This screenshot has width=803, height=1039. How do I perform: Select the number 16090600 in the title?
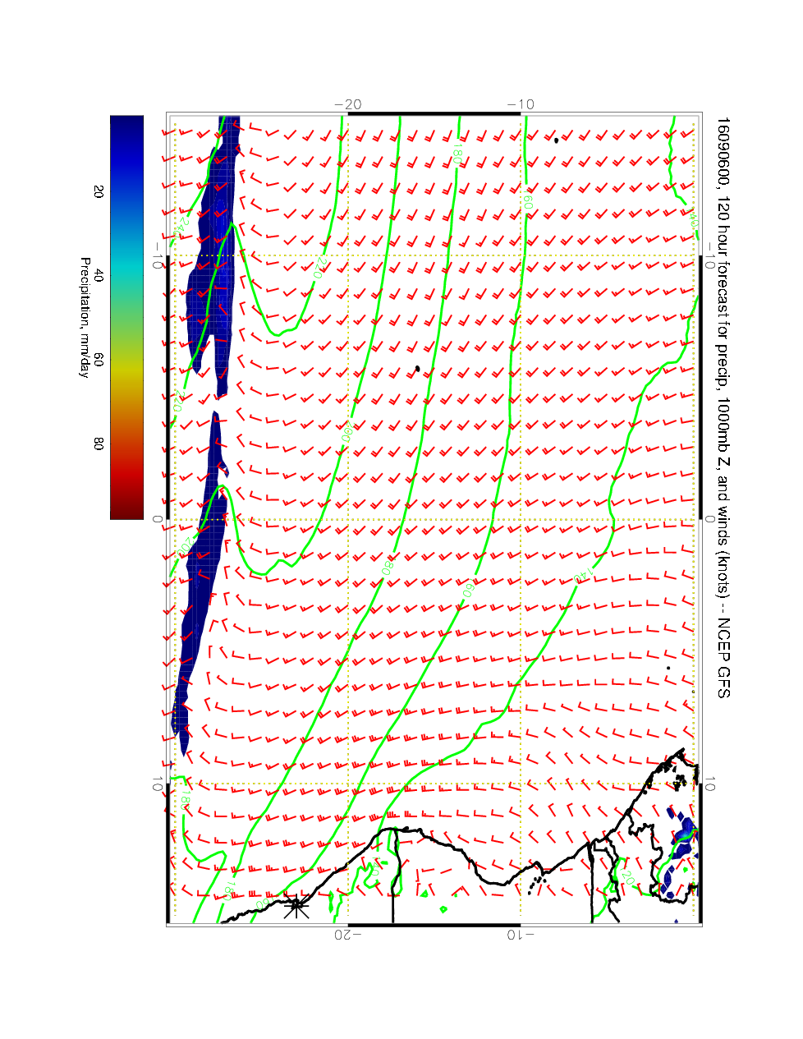(x=722, y=147)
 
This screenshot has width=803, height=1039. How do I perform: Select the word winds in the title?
(x=722, y=526)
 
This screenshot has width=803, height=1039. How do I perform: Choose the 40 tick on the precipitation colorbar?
(x=99, y=276)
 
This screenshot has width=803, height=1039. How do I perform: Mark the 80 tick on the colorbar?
(x=99, y=444)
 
